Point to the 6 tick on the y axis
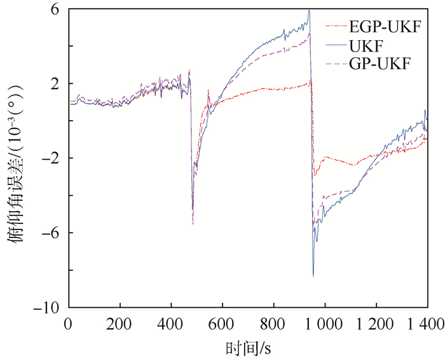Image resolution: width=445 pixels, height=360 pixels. (x=55, y=10)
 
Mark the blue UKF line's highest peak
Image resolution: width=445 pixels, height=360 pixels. (x=309, y=11)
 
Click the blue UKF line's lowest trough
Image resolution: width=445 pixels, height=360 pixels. (x=313, y=275)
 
